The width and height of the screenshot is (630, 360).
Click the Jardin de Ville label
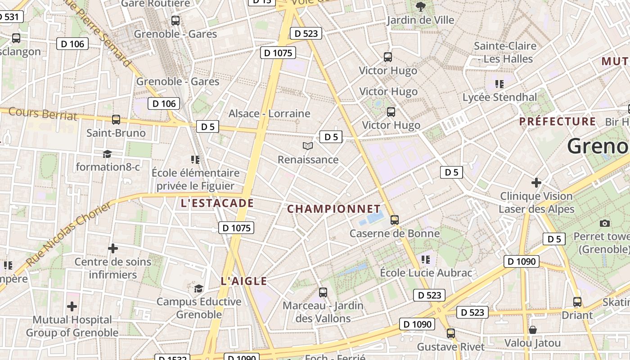[x=420, y=20]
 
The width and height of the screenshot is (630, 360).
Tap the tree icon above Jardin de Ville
[x=420, y=6]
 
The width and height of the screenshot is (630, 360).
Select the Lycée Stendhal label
[x=499, y=97]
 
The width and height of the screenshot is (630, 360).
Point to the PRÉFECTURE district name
[x=558, y=121]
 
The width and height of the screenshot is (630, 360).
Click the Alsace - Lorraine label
[x=269, y=113]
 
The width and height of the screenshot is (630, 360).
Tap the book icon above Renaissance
[x=308, y=146]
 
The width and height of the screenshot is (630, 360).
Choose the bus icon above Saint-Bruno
[x=116, y=120]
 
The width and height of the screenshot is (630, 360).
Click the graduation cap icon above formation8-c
[x=107, y=154]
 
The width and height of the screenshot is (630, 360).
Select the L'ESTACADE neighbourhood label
[x=217, y=203]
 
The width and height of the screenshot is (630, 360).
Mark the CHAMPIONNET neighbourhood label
[x=334, y=209]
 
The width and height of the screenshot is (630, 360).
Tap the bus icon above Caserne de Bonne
[x=395, y=220]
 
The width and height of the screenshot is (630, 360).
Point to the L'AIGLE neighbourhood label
[x=244, y=281]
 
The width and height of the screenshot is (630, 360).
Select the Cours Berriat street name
[x=43, y=113]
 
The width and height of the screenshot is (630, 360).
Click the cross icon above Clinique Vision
[x=536, y=183]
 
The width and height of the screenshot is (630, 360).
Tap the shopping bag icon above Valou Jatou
[x=532, y=330]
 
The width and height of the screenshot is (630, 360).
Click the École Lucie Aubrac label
[x=426, y=273]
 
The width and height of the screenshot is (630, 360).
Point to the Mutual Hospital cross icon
[x=72, y=307]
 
